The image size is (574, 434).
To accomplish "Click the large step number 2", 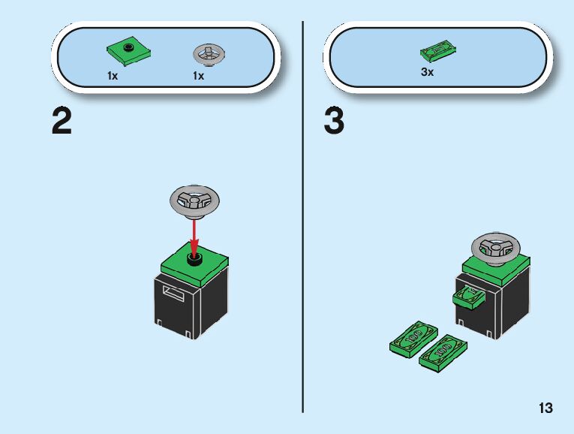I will point(62,122).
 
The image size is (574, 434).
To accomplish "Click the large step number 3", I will point(335,122).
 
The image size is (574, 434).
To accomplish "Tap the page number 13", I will point(545,408).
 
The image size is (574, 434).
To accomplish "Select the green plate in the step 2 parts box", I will point(130,52).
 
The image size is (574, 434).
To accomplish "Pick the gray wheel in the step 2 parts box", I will point(209,54).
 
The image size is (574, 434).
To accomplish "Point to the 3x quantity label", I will point(427,73).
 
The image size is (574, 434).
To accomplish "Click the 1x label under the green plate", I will point(113,76).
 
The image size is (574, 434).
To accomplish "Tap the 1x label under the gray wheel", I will point(198,76).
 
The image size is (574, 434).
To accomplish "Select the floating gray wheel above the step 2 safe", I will point(195,200).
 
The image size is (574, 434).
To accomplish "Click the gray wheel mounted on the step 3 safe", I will point(494,248).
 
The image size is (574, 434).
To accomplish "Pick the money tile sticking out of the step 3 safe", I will point(467,298).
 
